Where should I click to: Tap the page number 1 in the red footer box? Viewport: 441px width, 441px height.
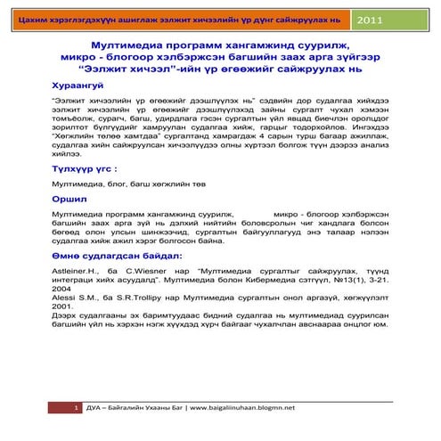coord(78,407)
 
